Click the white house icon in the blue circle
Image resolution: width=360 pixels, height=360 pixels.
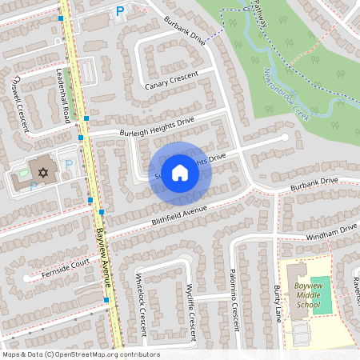pos(180,172)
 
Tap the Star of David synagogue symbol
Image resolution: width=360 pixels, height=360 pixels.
pos(43,172)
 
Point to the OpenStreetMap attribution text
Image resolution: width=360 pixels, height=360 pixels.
pos(81,354)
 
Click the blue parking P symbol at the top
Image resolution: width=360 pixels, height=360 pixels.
pos(120,11)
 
